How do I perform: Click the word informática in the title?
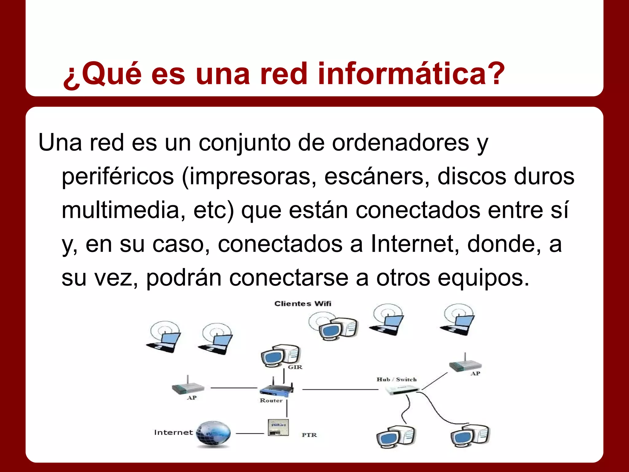(411, 74)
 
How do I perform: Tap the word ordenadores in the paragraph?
(400, 143)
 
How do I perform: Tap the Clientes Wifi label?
(303, 304)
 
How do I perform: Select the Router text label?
(271, 400)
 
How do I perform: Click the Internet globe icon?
(213, 433)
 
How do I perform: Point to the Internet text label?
(174, 432)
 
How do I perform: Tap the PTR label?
(309, 435)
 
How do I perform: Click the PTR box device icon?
(278, 427)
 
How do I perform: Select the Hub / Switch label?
(397, 380)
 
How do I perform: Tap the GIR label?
(295, 367)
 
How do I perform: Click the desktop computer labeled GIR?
(280, 356)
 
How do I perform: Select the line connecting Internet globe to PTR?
(250, 433)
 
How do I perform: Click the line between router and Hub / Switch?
(340, 390)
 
